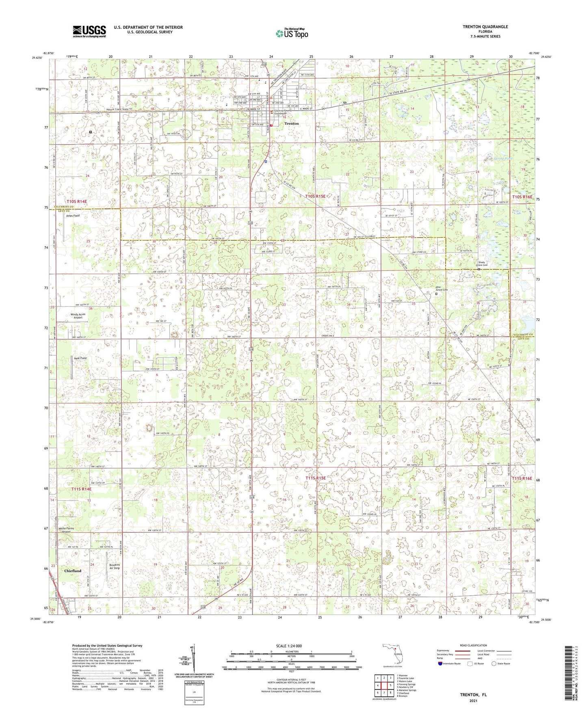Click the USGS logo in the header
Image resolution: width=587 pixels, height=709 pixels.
click(89, 31)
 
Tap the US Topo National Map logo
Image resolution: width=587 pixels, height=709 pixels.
click(291, 33)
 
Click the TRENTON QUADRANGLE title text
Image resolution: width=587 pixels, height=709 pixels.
click(485, 27)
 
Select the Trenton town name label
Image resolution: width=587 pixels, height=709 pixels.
click(291, 123)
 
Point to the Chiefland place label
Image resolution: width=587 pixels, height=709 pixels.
click(73, 571)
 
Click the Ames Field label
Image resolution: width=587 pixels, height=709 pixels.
click(73, 216)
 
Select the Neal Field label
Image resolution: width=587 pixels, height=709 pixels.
click(80, 358)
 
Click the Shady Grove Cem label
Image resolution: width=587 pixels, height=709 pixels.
click(483, 264)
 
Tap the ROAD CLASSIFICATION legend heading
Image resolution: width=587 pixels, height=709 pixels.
click(474, 645)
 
